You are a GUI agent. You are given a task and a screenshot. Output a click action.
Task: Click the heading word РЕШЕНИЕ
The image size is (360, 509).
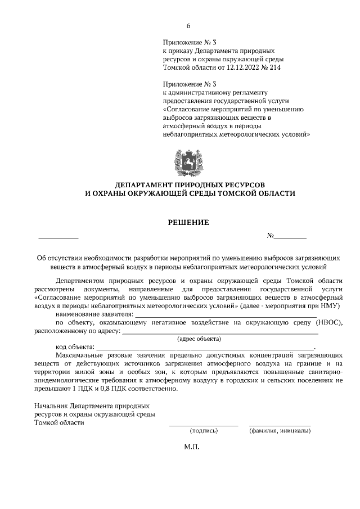pyautogui.click(x=189, y=222)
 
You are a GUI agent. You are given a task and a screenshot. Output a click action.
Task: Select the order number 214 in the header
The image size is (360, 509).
pyautogui.click(x=273, y=67)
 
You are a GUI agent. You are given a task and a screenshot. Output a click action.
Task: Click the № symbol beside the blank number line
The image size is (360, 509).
pyautogui.click(x=270, y=236)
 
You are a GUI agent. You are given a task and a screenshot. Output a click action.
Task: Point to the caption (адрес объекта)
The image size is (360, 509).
pyautogui.click(x=199, y=339)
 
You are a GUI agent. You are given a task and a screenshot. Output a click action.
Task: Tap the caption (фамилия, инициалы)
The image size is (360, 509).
pyautogui.click(x=280, y=431)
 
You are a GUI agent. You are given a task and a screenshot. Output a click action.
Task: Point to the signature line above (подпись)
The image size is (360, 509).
pyautogui.click(x=204, y=425)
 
